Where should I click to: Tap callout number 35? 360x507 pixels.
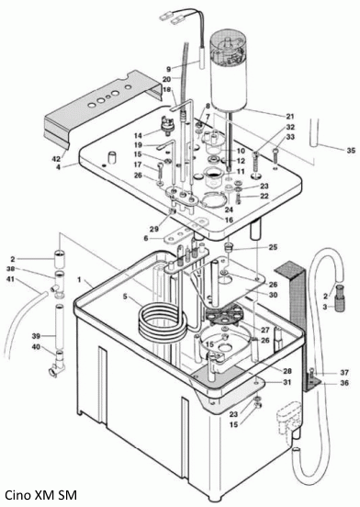pos(350,149)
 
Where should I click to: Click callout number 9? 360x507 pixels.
pos(168,69)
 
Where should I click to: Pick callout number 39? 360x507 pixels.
pos(38,335)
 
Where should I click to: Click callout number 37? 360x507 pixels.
pos(344,372)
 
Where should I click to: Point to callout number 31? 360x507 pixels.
pos(287,382)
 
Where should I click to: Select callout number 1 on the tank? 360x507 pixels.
pos(80,277)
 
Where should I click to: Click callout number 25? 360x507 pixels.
pos(272,248)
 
